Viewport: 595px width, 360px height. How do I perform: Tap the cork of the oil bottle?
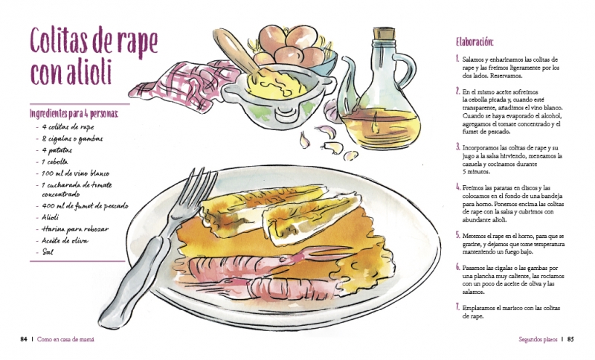click(x=384, y=33)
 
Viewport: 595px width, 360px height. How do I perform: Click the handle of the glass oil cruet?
click(x=406, y=71)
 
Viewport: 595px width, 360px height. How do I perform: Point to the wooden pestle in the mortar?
click(x=234, y=51)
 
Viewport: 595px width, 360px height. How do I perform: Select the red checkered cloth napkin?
click(x=182, y=86)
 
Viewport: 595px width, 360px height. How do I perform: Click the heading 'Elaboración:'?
click(x=475, y=42)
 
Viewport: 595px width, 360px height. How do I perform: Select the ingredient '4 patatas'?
click(x=57, y=150)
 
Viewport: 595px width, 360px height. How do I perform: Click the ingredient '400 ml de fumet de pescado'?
click(x=85, y=206)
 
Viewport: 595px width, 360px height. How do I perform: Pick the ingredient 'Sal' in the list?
click(x=48, y=252)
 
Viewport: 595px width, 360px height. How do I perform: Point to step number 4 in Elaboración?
click(x=458, y=187)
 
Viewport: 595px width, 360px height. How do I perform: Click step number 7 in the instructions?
click(x=458, y=307)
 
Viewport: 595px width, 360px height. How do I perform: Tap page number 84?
click(x=24, y=339)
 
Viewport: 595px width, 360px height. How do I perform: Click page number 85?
click(x=570, y=339)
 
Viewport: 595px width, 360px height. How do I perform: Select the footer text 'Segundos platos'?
click(x=538, y=339)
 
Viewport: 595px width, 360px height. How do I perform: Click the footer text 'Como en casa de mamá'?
click(x=65, y=339)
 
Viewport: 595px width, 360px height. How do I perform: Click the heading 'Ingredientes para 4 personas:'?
click(x=74, y=113)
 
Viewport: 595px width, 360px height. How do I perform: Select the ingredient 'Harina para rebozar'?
click(x=75, y=229)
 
